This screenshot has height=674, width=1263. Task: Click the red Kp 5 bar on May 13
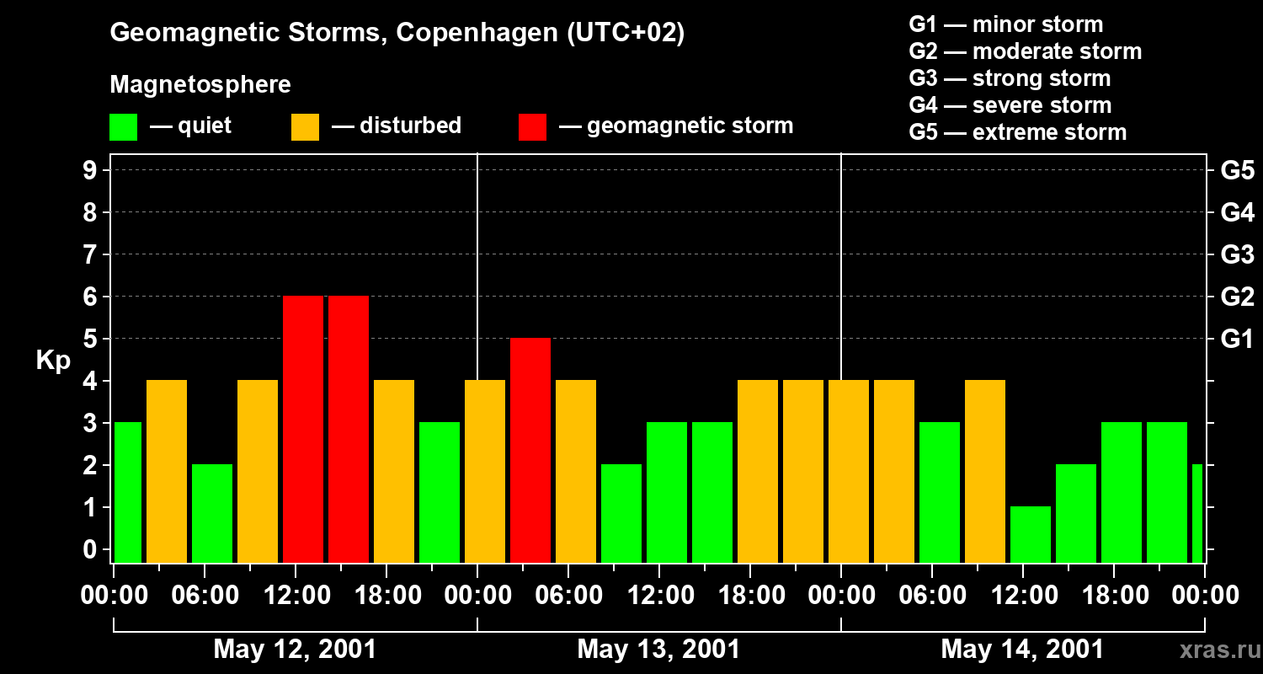point(530,451)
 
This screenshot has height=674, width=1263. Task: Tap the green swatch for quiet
point(123,126)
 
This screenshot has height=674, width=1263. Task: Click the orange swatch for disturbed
point(305,126)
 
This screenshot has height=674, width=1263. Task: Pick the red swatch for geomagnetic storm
point(532,126)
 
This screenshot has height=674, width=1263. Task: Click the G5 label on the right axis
point(1237,171)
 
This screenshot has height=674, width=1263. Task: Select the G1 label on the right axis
point(1237,340)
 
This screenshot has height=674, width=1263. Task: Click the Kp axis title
point(53,361)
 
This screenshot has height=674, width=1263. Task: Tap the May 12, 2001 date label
point(295,650)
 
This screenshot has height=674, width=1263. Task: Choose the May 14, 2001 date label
point(1021,650)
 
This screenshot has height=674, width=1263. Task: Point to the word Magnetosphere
point(200,85)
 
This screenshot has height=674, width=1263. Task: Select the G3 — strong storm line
point(1010,78)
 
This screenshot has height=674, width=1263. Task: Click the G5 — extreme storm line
point(1017,132)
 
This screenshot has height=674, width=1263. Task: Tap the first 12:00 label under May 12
point(296,596)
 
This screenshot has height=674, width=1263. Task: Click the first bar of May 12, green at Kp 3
point(127,493)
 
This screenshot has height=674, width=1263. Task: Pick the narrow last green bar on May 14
point(1197,513)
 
